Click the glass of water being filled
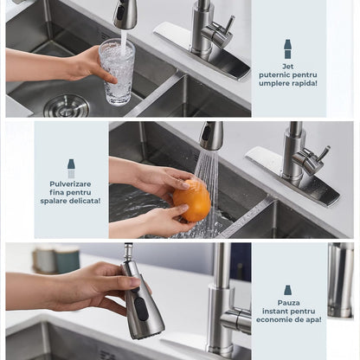click(x=117, y=71)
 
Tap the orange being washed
click(x=191, y=200)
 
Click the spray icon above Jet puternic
click(x=287, y=48)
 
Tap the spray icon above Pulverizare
click(x=71, y=167)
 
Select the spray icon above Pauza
click(x=287, y=291)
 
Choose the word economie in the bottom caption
click(x=278, y=320)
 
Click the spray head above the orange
click(x=211, y=136)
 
